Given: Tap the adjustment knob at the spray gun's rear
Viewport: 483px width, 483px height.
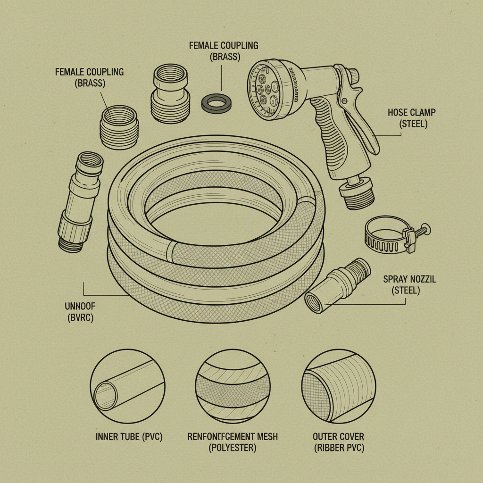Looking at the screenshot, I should click(352, 75).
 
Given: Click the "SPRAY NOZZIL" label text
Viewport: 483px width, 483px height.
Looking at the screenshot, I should click(409, 279).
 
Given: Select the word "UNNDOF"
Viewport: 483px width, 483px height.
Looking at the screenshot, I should click(79, 306).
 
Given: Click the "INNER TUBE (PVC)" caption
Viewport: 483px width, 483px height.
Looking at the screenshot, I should click(128, 437).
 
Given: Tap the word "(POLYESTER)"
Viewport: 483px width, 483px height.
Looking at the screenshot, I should click(233, 448).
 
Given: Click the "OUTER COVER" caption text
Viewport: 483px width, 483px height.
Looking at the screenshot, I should click(338, 437).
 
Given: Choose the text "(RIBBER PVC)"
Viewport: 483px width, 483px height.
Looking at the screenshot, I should click(338, 448).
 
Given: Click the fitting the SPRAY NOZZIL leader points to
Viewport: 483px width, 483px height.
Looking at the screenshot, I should click(337, 285).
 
